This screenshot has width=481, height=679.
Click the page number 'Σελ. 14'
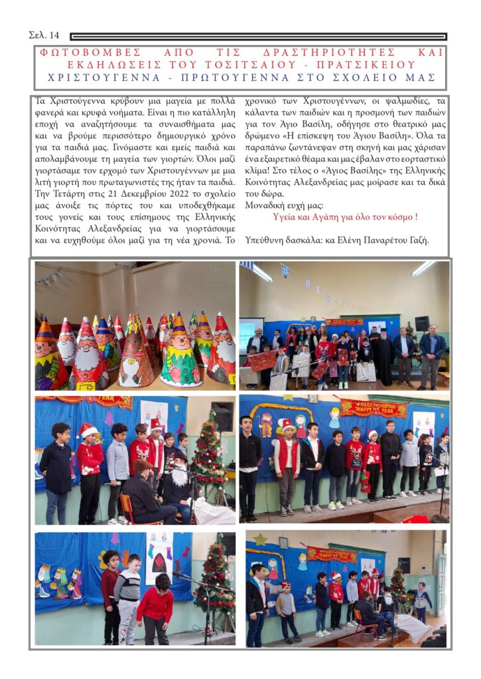click(x=44, y=34)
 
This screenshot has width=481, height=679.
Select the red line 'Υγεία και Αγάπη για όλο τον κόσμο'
click(x=345, y=217)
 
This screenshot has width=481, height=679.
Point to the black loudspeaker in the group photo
click(x=421, y=323)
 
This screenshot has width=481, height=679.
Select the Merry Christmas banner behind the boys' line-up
click(x=374, y=408)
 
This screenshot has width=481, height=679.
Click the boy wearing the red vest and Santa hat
click(x=287, y=458)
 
